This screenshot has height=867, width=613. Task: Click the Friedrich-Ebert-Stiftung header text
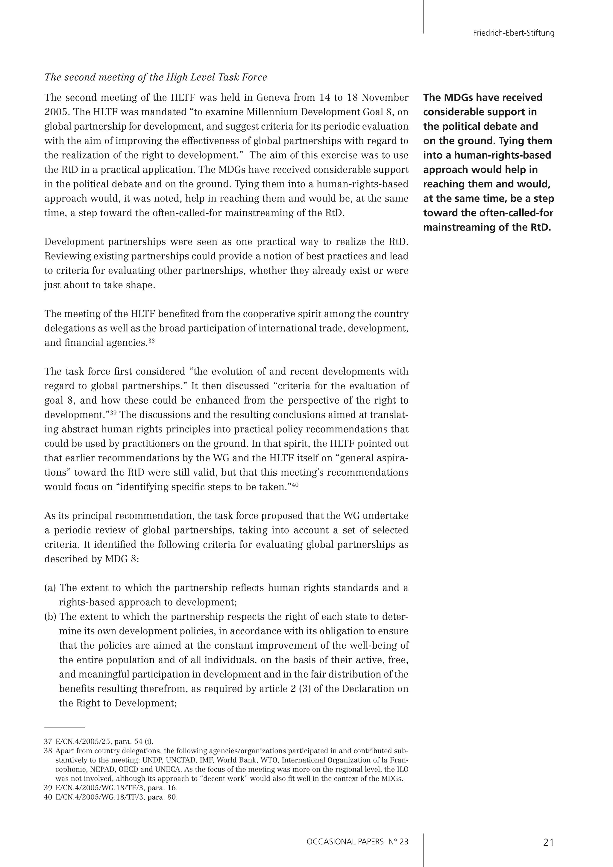point(513,33)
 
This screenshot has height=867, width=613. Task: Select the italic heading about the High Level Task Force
point(156,78)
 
